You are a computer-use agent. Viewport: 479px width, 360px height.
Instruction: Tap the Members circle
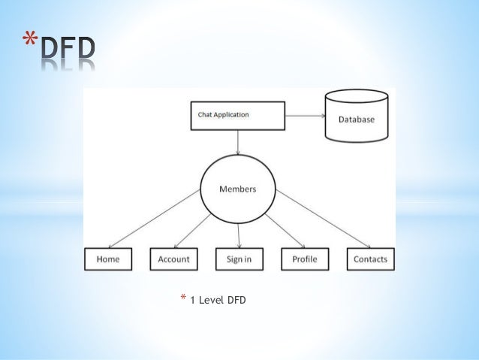click(237, 189)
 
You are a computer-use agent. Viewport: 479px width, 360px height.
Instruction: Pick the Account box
click(173, 259)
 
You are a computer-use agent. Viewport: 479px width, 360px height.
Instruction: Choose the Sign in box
click(239, 259)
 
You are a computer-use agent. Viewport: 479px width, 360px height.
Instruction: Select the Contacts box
click(370, 259)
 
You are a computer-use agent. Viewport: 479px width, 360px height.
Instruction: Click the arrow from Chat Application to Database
click(305, 116)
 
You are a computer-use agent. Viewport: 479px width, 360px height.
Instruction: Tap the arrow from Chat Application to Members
click(238, 142)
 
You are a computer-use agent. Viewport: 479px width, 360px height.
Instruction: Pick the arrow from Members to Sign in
click(239, 236)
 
